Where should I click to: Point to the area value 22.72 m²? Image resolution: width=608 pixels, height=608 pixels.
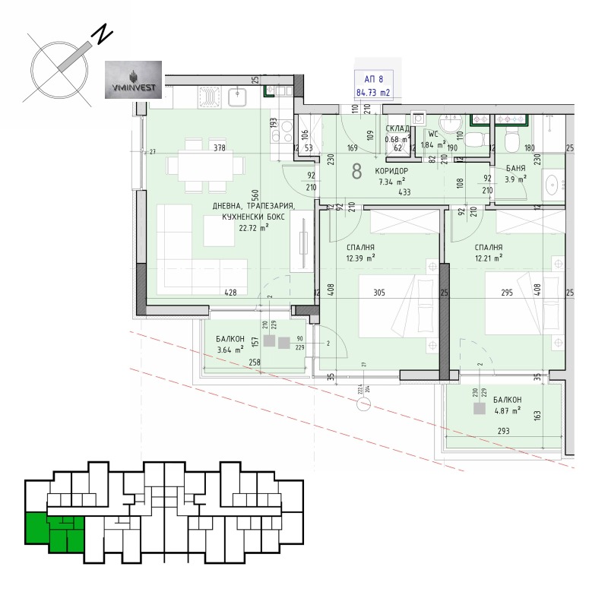(x=253, y=227)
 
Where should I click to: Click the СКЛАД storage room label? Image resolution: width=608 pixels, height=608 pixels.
(x=398, y=129)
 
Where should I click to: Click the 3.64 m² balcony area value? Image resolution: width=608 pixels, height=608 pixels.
(x=229, y=350)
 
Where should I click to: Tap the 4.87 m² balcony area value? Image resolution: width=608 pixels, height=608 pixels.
(x=506, y=410)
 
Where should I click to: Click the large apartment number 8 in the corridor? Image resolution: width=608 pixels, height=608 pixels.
(x=356, y=171)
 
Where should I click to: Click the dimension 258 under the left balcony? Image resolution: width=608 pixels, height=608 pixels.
(x=255, y=363)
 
